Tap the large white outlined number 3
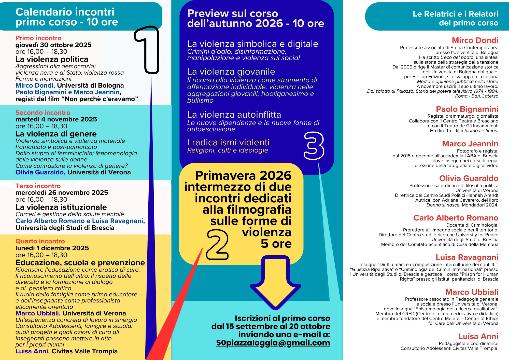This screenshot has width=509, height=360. click(314, 146)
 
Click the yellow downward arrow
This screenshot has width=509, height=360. click(276, 283)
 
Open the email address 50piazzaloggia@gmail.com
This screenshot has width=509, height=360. click(273, 343)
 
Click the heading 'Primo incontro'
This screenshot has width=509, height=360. click(38, 38)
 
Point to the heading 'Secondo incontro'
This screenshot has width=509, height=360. click(43, 113)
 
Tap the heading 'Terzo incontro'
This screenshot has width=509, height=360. click(38, 186)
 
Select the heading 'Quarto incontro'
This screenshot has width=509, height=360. click(40, 241)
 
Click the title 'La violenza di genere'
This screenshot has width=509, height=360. click(56, 134)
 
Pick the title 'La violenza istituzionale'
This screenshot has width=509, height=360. click(61, 207)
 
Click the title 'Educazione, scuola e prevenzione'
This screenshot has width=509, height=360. click(80, 262)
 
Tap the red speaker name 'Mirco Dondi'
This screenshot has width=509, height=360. click(475, 40)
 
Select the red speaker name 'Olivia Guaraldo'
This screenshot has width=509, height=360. click(469, 178)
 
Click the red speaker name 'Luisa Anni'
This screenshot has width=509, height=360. click(478, 336)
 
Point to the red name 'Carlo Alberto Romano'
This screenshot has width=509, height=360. click(456, 218)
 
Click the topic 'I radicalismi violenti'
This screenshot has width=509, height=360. click(228, 142)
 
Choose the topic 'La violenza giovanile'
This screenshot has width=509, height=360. click(231, 72)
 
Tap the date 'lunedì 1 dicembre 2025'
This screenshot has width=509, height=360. click(52, 248)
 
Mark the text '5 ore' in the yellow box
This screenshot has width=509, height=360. click(276, 244)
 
